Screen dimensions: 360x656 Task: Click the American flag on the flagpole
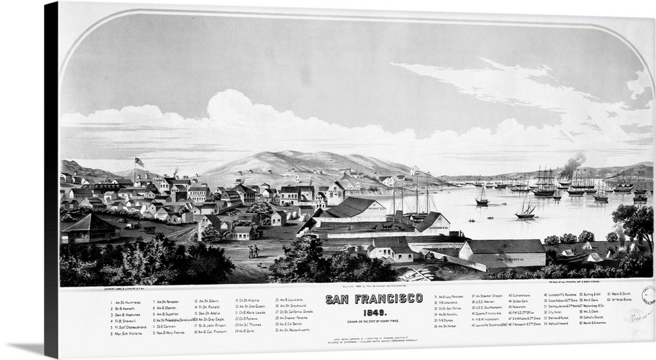pos(138,161)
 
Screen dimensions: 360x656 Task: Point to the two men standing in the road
pos(254,250)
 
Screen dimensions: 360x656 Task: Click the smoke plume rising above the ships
pos(573,165)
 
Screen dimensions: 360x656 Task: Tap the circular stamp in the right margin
pos(648,295)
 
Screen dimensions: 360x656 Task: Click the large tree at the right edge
pos(635,223)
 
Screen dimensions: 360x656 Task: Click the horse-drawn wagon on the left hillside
pos(150,230)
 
